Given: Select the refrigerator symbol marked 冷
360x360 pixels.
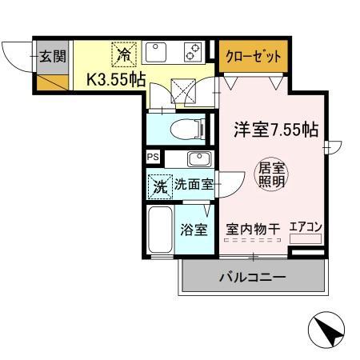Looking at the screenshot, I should point(125,54).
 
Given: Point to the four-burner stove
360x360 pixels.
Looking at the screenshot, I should point(192,52).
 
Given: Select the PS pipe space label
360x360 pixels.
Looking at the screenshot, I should point(152,157).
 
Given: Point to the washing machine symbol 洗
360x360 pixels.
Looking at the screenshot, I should point(159,184).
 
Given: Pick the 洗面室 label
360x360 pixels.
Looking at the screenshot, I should point(194,185).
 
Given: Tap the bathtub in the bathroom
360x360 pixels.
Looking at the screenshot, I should point(161,230).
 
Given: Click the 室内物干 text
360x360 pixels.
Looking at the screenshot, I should point(253,229).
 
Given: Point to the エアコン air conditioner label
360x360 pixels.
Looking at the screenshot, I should point(306,227).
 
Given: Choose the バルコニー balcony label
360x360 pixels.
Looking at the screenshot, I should point(253,278).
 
